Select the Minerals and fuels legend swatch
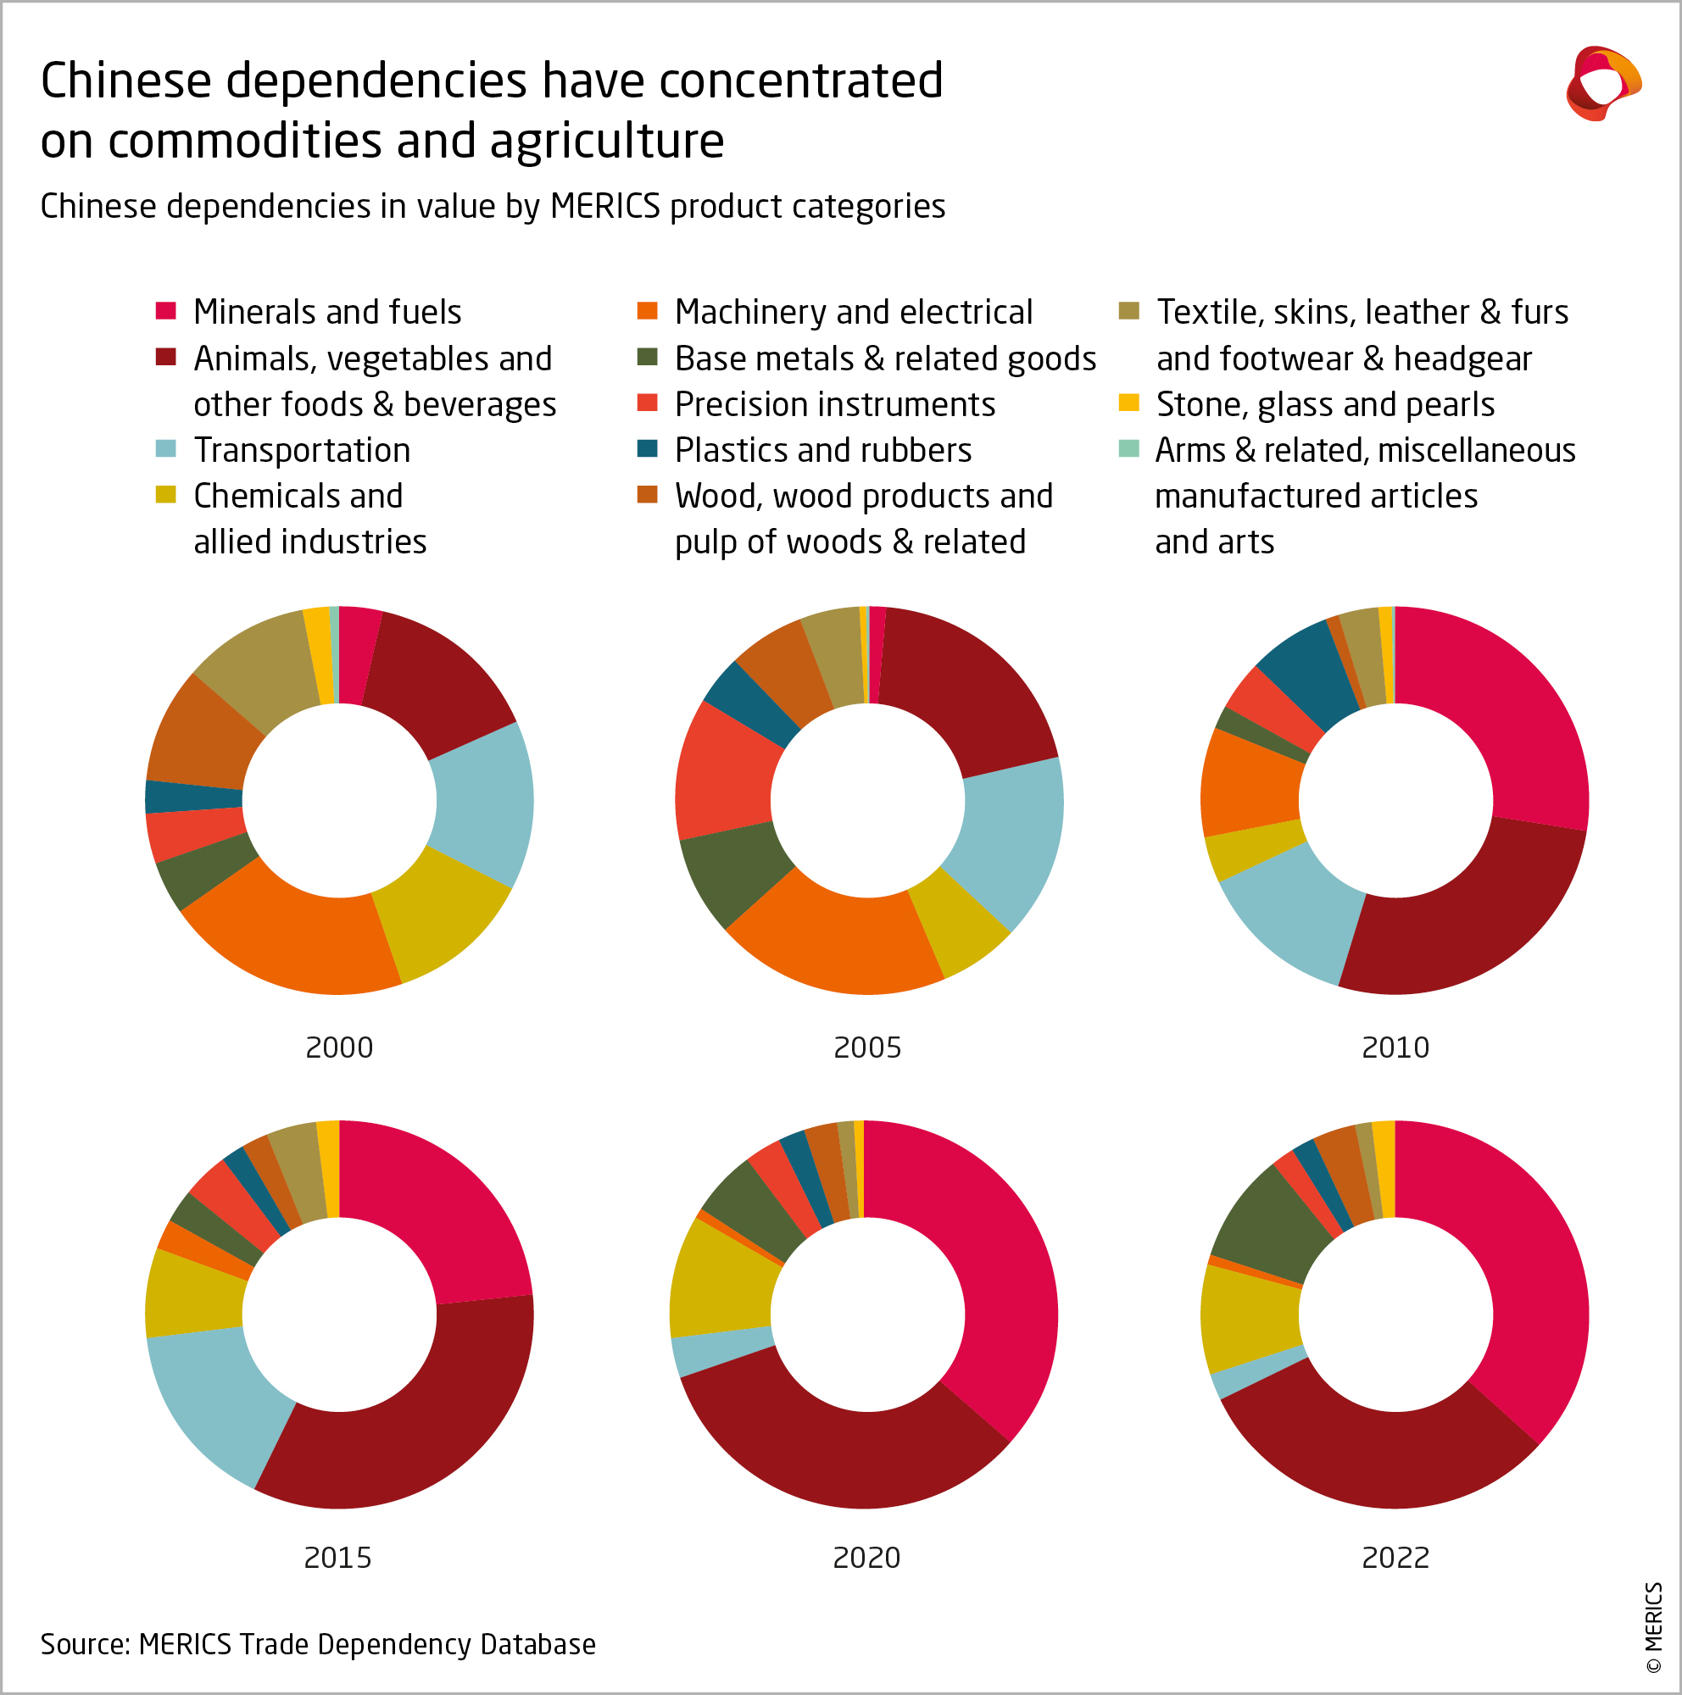tap(166, 310)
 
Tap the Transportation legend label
tap(301, 450)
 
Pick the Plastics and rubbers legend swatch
tap(647, 449)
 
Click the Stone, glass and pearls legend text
tap(1324, 404)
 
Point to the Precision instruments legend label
tap(833, 404)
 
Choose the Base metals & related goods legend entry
tap(884, 358)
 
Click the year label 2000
tap(338, 1047)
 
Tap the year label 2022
tap(1395, 1557)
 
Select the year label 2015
tap(337, 1557)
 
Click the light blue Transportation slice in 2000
tap(482, 803)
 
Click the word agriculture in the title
tap(606, 141)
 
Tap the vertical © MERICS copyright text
tap(1653, 1627)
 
